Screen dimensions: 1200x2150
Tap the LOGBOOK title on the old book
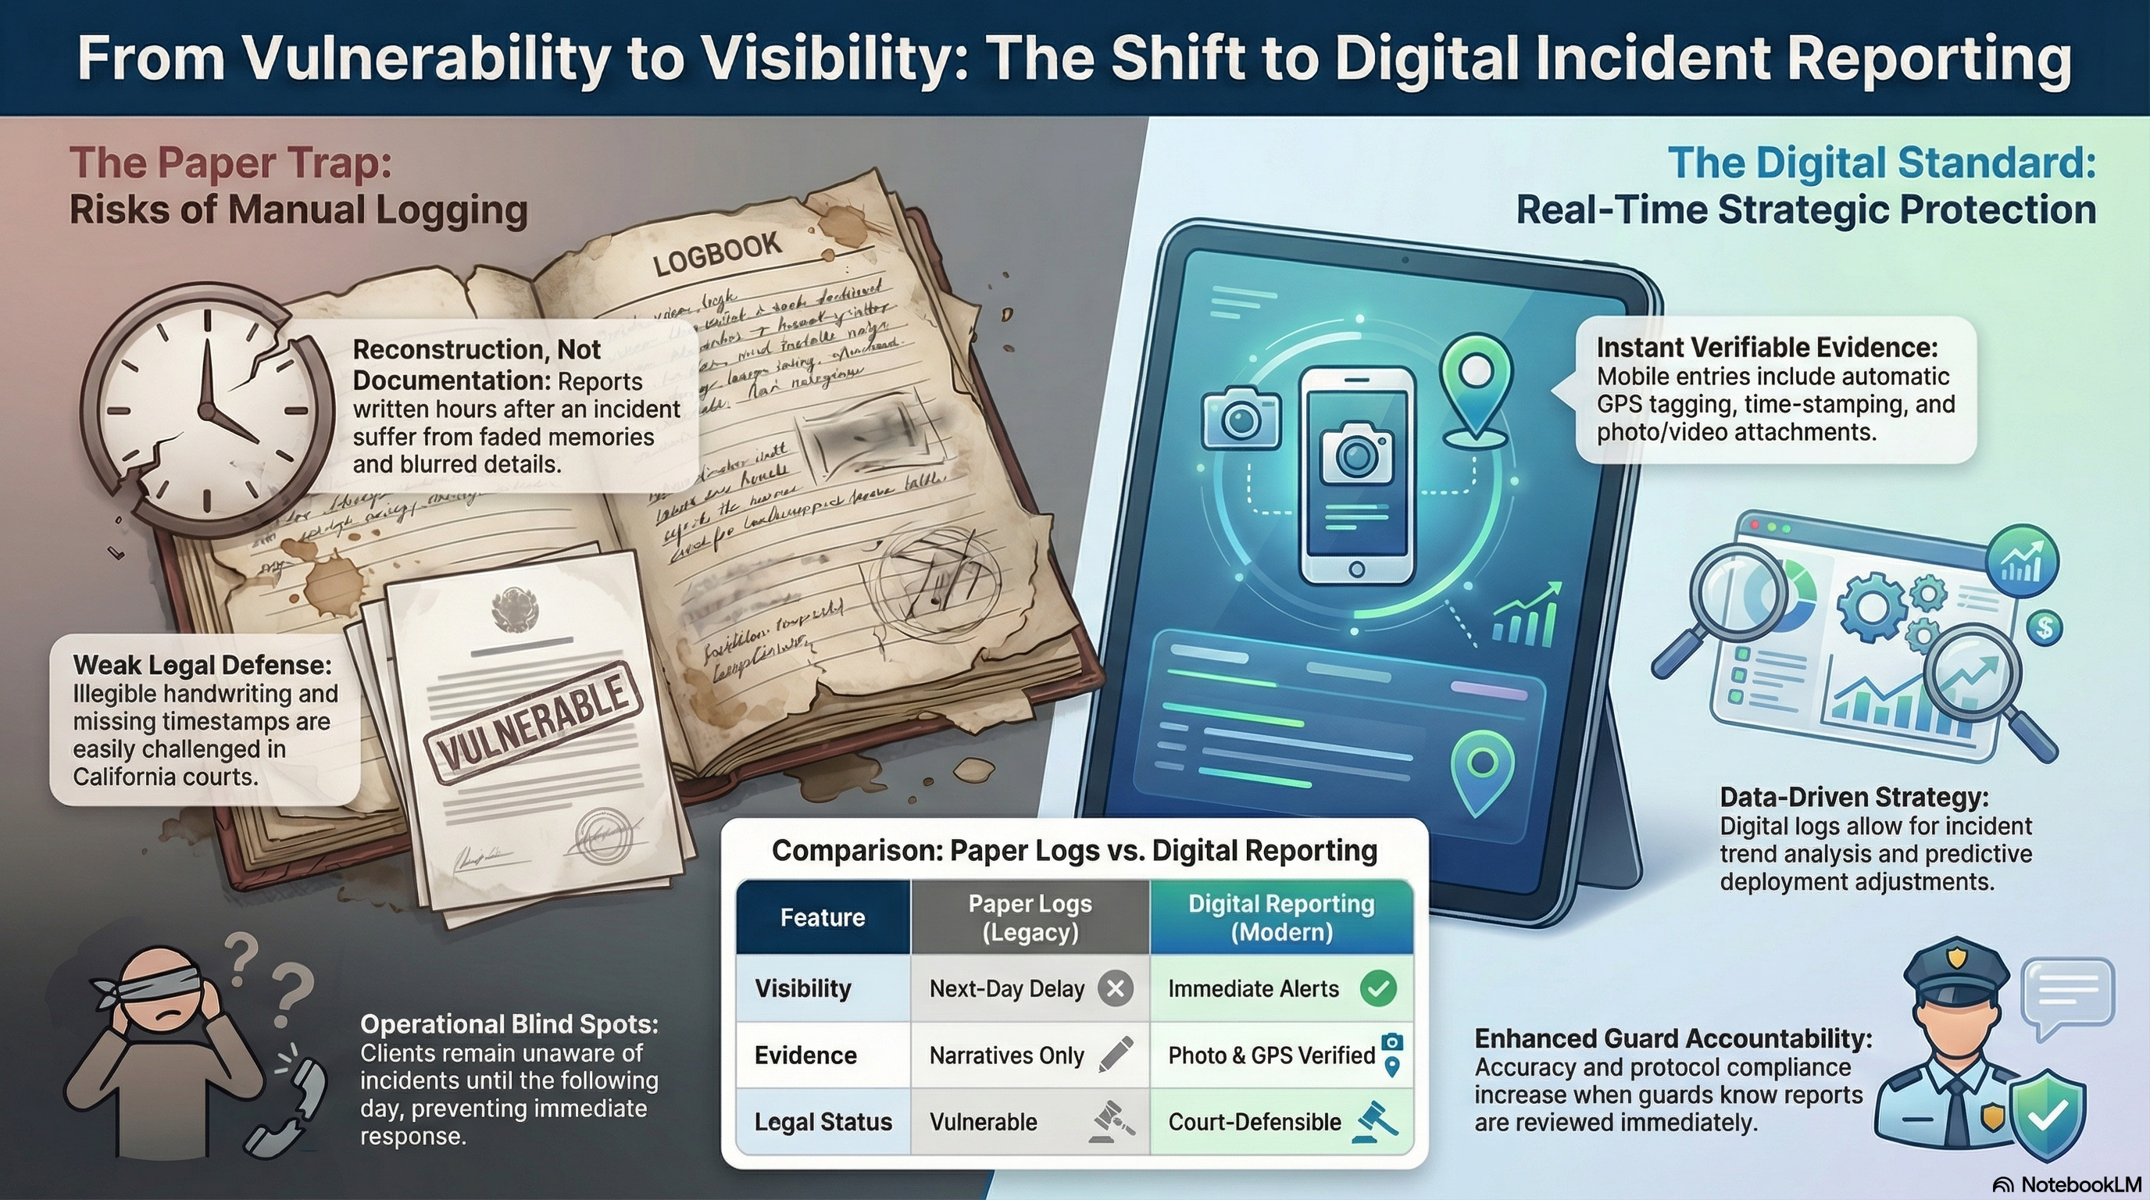tap(717, 253)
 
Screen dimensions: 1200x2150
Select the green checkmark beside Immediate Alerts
tap(1378, 989)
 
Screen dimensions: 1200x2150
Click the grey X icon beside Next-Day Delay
tap(1115, 989)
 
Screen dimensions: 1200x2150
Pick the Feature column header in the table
tap(822, 917)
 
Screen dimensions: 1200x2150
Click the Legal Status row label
tap(823, 1123)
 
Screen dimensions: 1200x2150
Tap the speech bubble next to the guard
tap(2066, 997)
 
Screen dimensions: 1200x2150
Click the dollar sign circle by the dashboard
tap(2044, 627)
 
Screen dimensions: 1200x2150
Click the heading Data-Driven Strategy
tap(1854, 797)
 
